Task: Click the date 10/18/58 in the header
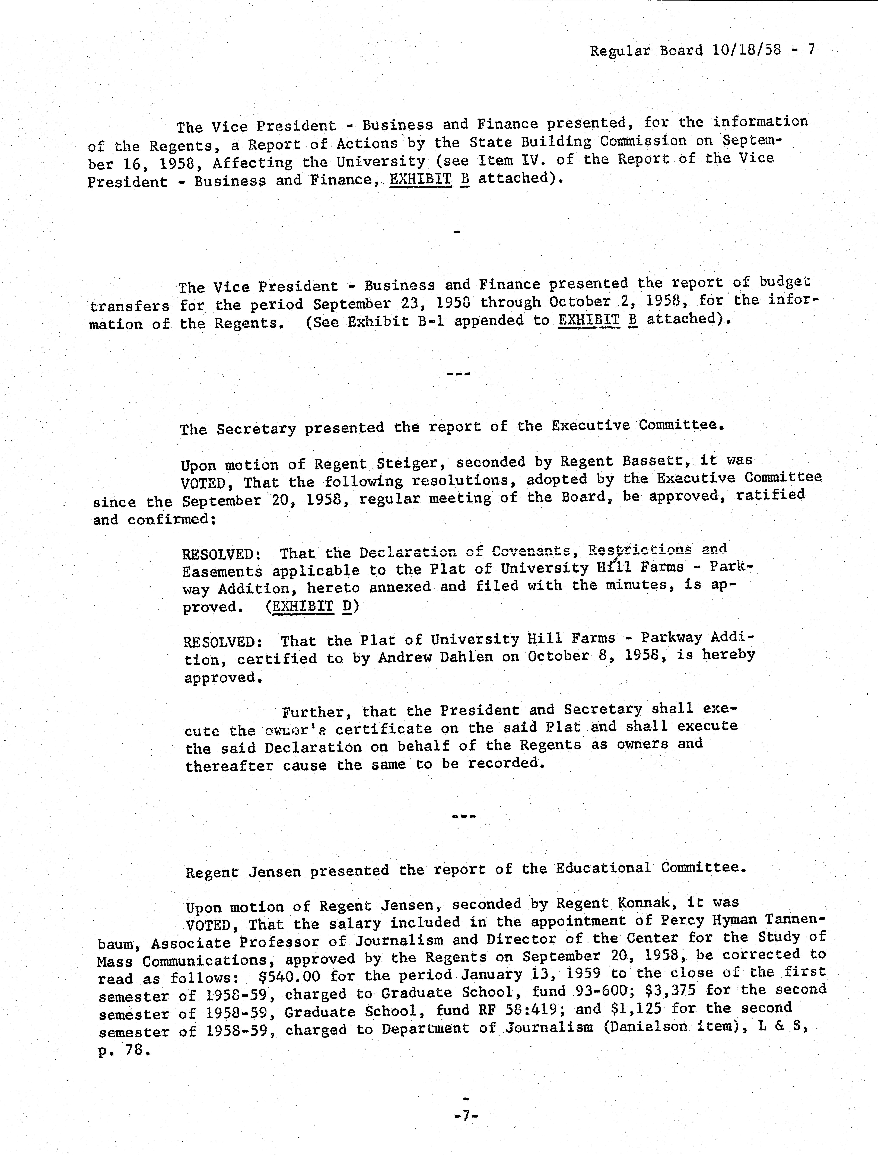pyautogui.click(x=746, y=50)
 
